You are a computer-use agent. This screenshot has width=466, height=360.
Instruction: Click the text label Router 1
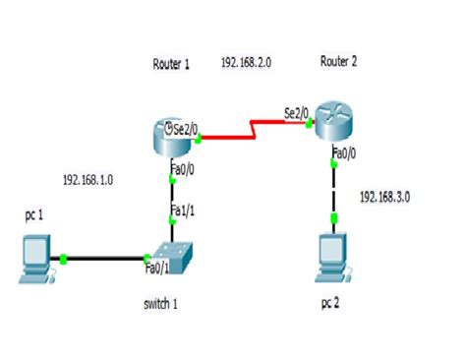[171, 64]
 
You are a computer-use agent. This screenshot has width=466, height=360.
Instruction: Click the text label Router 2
[338, 62]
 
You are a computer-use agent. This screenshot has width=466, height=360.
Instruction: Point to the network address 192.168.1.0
[88, 180]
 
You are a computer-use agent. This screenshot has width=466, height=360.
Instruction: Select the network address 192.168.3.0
[384, 197]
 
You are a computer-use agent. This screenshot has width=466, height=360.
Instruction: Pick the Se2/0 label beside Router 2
[296, 113]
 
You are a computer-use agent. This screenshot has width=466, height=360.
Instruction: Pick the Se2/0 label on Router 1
[184, 128]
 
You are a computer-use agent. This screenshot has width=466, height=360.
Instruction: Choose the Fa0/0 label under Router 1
[182, 169]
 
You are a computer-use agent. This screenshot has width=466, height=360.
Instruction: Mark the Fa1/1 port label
[182, 210]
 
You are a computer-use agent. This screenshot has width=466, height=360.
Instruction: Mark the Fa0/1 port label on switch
[157, 268]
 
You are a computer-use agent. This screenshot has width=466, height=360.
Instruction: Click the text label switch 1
[160, 303]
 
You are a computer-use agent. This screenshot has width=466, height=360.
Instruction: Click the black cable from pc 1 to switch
[103, 259]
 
